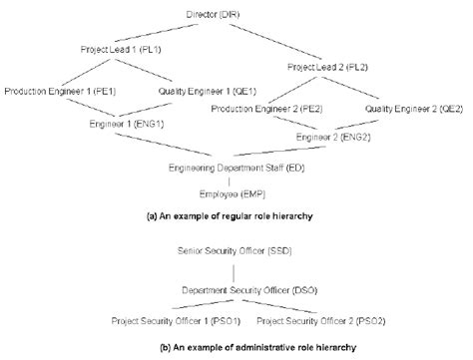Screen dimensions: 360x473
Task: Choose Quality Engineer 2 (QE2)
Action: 410,109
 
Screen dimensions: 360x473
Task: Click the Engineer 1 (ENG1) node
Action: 124,126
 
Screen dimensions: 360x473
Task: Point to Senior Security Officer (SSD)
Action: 235,250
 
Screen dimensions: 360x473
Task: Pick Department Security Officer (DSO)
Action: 236,290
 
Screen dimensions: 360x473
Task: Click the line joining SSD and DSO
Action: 235,270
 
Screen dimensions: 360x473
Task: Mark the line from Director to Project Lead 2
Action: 282,41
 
